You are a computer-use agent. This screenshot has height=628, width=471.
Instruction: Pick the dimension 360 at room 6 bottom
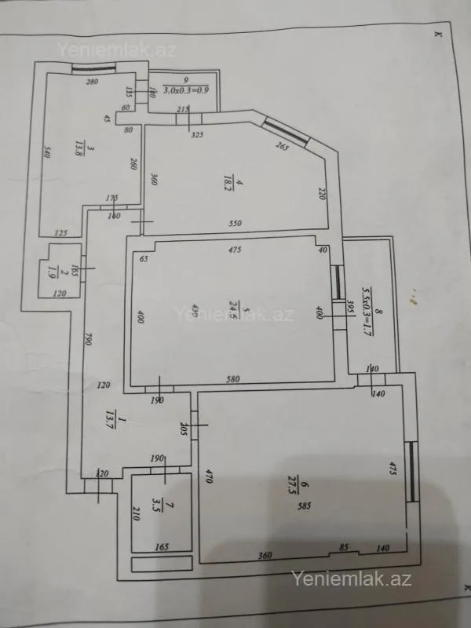pos(265,556)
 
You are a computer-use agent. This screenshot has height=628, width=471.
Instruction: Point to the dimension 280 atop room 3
pos(92,82)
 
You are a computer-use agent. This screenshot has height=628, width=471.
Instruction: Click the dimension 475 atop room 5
pos(235,250)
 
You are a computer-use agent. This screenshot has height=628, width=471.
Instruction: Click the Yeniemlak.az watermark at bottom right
pos(352,579)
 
